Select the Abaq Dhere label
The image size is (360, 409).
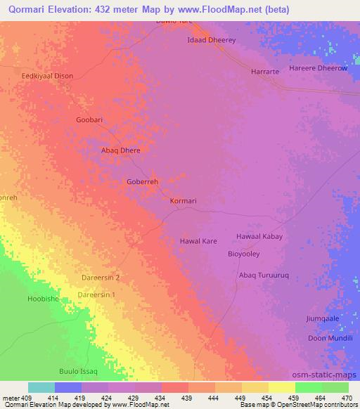122,150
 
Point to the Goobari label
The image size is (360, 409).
89,120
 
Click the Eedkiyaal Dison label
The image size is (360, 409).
47,77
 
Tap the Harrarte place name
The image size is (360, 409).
266,72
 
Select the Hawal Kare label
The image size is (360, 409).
198,241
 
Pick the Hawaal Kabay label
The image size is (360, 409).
259,237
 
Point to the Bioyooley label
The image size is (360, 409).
245,254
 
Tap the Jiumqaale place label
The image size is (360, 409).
322,318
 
